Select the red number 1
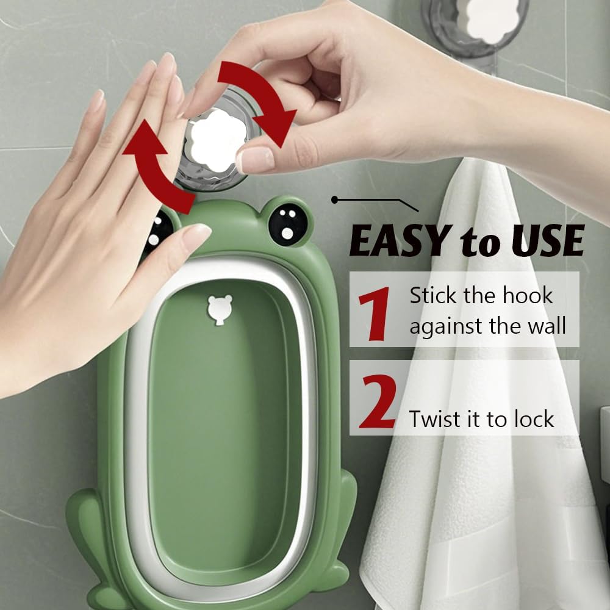(374, 313)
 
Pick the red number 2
(378, 401)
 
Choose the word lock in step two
(534, 419)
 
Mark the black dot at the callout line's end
(334, 199)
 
